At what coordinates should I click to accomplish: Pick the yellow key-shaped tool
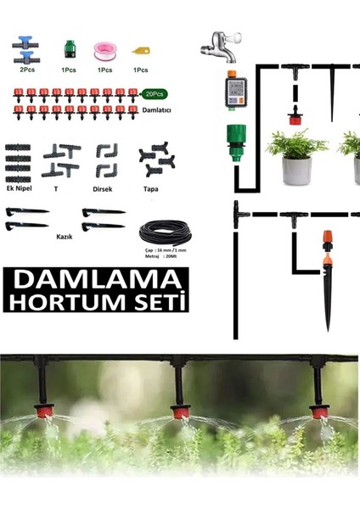140,50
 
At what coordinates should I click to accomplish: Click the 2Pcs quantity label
27,70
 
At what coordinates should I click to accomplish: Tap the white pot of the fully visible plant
296,171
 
